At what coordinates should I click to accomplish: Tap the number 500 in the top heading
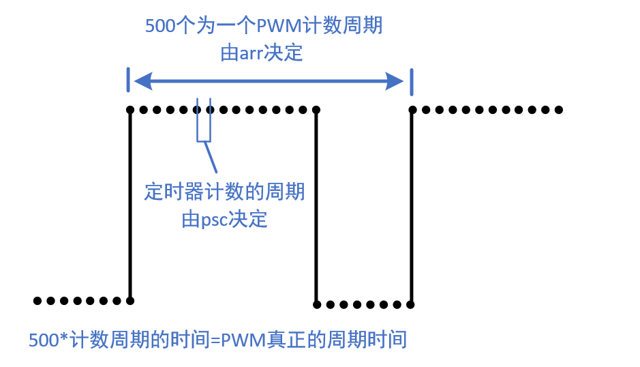[x=160, y=27]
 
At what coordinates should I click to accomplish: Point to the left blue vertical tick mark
[x=128, y=80]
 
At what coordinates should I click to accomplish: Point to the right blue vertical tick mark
[x=411, y=81]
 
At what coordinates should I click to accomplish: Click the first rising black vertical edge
[x=129, y=205]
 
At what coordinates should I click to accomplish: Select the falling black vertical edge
[x=316, y=205]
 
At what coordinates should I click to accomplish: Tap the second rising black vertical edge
[x=412, y=205]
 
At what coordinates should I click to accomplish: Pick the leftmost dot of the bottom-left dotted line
[x=37, y=300]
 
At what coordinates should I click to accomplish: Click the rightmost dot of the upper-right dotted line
[x=559, y=109]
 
